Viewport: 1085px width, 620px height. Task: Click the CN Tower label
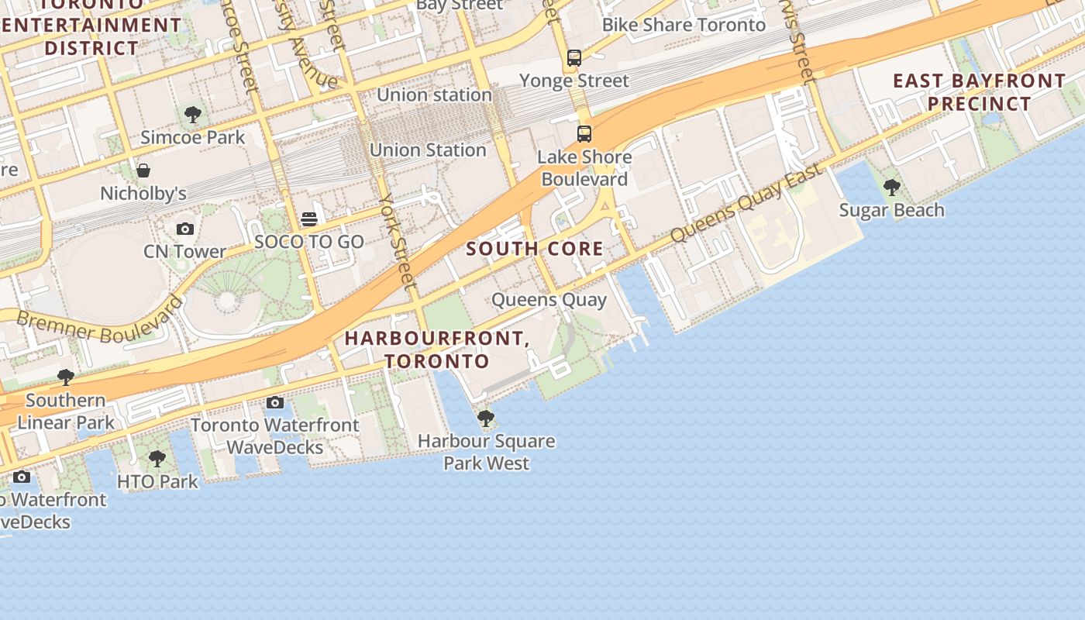coord(184,251)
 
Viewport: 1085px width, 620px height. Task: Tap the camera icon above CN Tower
coord(184,229)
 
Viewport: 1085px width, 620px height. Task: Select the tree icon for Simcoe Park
coord(193,115)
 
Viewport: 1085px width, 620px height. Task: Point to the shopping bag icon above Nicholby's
coord(143,170)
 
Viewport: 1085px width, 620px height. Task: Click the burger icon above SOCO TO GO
coord(309,219)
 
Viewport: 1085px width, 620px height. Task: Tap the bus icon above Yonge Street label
coord(573,57)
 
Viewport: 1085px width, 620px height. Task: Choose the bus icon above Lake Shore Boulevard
coord(584,134)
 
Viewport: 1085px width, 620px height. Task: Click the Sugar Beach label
coord(891,210)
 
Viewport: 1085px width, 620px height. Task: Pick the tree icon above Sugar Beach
coord(891,187)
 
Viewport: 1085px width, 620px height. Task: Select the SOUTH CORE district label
coord(535,249)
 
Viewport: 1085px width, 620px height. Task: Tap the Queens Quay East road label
coord(746,203)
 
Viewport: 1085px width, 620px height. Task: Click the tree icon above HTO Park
coord(157,459)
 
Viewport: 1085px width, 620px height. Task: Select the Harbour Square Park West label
coord(486,452)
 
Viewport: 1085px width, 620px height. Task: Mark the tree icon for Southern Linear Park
coord(66,377)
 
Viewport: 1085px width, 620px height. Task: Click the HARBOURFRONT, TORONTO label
coord(437,350)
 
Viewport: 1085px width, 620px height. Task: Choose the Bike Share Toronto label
coord(684,25)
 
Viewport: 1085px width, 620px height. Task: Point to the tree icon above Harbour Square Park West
coord(486,418)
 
